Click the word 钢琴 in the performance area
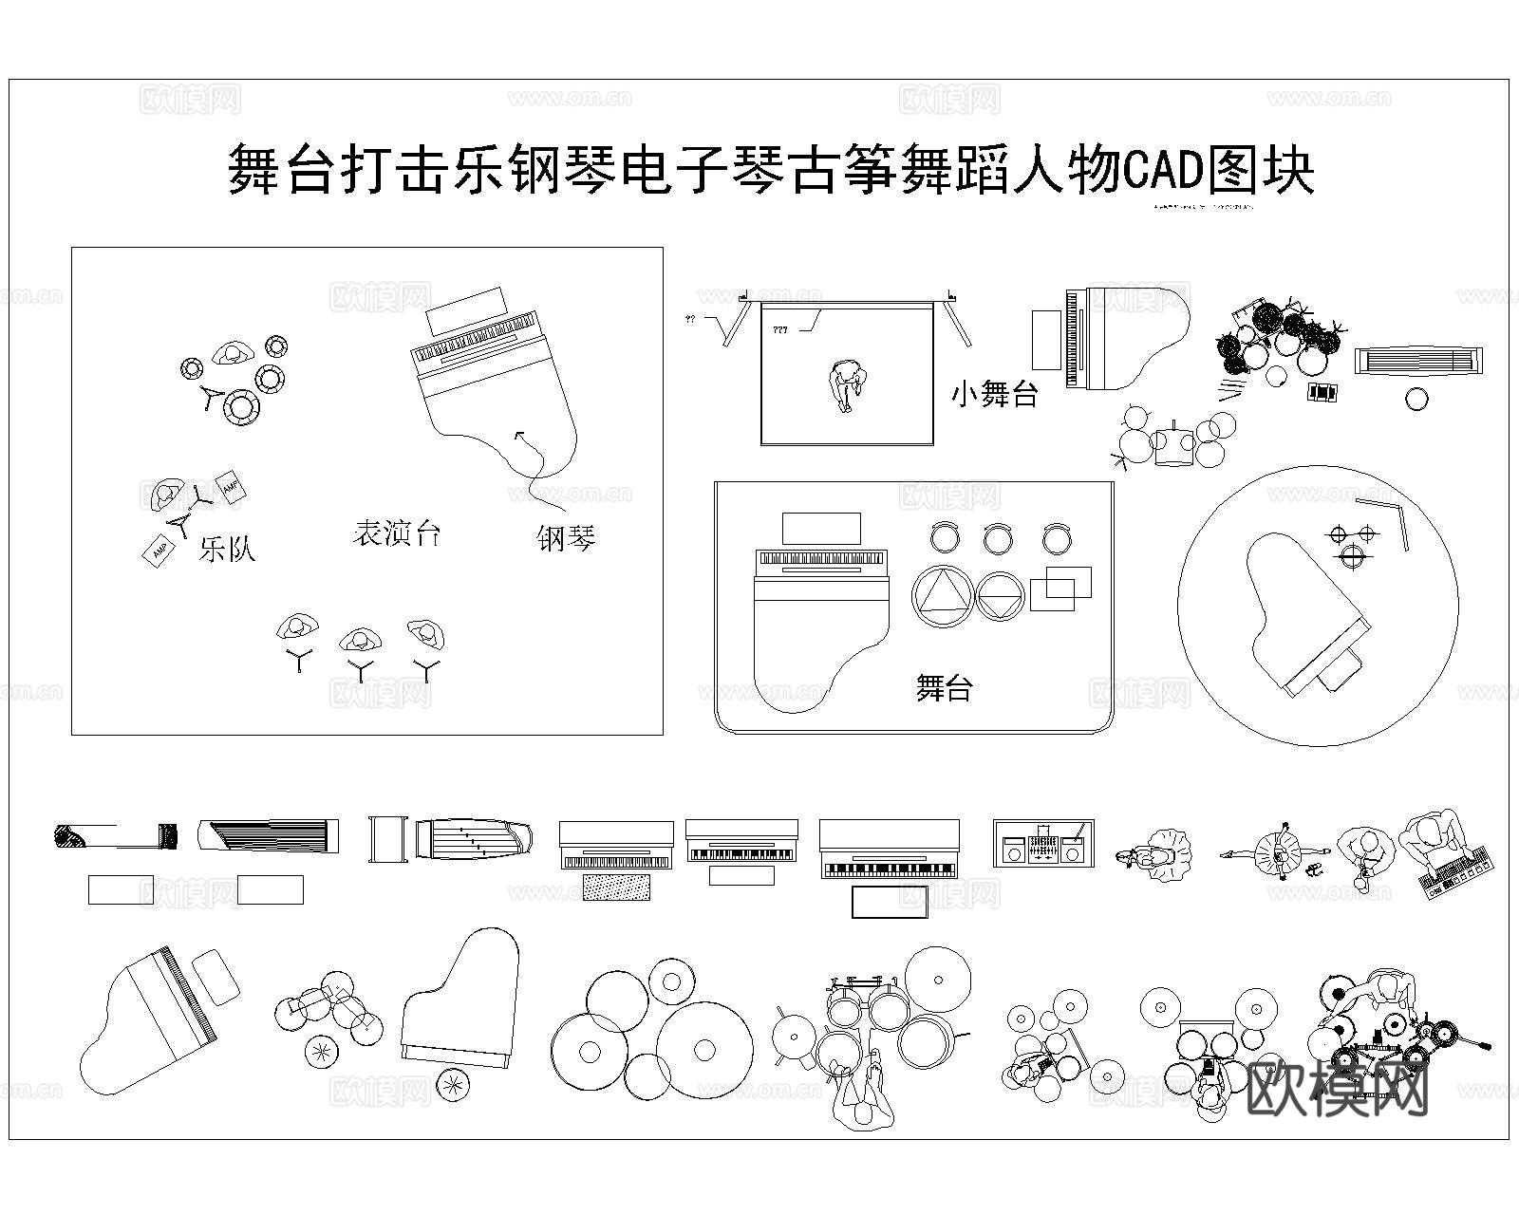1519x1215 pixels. point(566,538)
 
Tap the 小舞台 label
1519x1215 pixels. point(994,393)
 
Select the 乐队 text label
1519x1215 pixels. point(227,548)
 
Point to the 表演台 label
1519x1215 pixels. point(397,533)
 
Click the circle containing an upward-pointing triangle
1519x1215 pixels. point(943,595)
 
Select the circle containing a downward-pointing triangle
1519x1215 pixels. point(1001,596)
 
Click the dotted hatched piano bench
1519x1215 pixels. point(617,887)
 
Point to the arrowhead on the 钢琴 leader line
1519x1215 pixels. point(519,435)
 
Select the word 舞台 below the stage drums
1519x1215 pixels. point(944,687)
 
